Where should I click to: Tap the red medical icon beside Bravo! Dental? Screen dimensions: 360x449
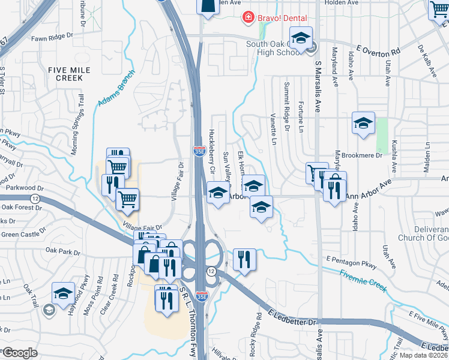[x=247, y=18]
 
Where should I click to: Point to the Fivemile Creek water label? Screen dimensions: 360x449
[x=362, y=280]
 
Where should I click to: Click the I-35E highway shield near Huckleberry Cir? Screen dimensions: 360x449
[x=199, y=152]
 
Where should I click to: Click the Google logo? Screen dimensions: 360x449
[x=20, y=353]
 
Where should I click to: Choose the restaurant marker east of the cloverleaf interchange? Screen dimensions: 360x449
[x=244, y=260]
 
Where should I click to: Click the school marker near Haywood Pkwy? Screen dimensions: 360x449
[x=63, y=293]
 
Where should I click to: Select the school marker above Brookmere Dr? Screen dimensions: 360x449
[x=363, y=124]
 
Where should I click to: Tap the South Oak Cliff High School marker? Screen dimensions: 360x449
[x=301, y=38]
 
